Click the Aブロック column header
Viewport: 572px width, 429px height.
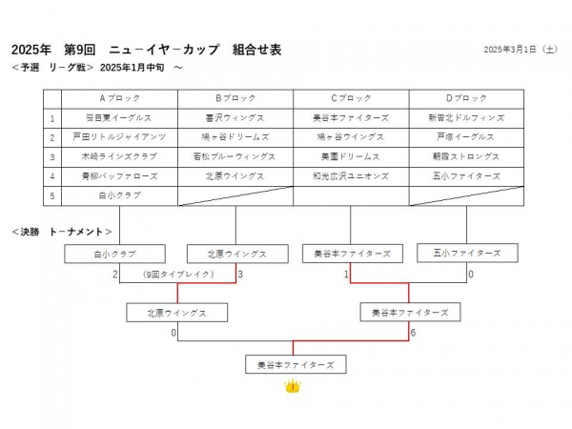click(x=119, y=98)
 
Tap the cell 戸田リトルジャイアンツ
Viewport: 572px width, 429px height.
click(x=119, y=137)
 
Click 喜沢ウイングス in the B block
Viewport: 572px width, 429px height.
click(x=235, y=118)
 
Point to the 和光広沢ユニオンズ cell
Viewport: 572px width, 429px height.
click(x=351, y=176)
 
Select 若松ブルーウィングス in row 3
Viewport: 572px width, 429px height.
click(x=235, y=156)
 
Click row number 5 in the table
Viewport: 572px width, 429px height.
click(x=52, y=195)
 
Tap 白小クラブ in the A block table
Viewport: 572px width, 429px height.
click(x=119, y=195)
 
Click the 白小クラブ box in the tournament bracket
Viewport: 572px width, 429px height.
click(x=115, y=255)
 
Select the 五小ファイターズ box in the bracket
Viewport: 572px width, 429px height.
click(x=467, y=254)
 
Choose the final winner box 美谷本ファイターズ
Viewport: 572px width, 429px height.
click(x=295, y=365)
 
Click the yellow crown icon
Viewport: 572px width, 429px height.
click(x=294, y=386)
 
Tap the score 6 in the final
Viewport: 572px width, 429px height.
click(x=412, y=333)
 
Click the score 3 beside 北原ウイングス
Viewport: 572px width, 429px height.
click(x=241, y=275)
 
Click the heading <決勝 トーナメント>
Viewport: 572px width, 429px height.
click(x=63, y=232)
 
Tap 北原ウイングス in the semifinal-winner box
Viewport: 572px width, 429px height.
click(x=177, y=313)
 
